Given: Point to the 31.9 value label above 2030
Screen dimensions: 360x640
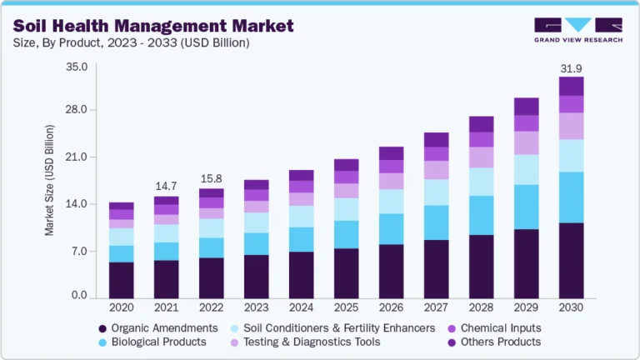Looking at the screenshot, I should [571, 67].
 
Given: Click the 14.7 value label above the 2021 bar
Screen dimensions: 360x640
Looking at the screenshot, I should [166, 186].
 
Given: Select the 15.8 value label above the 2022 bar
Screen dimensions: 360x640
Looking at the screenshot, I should [211, 178].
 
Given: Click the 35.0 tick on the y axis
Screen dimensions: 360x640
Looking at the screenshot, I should [76, 67].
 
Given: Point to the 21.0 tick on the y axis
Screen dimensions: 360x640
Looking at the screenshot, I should [76, 157].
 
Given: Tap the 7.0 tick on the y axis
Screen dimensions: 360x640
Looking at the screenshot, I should [78, 250].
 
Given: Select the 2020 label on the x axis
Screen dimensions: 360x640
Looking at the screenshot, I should [121, 307].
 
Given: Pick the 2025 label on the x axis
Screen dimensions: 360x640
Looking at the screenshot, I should [346, 307].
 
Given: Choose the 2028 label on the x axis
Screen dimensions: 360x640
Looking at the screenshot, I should [481, 307].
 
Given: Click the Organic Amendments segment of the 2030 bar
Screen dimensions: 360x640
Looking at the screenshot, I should [571, 260].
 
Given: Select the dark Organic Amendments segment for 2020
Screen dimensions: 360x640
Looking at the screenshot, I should [121, 280].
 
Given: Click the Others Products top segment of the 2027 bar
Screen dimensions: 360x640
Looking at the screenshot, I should [436, 139].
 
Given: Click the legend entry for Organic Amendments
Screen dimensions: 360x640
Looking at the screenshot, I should [158, 328].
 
